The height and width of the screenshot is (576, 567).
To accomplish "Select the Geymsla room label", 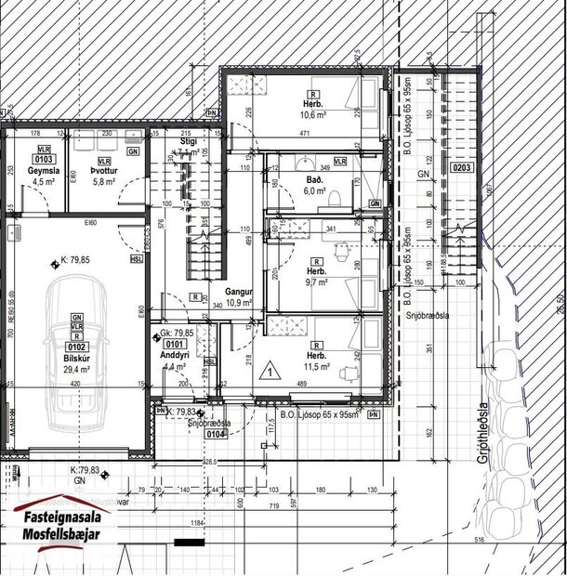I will pos(43,172).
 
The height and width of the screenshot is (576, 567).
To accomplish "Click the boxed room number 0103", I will pos(43,159).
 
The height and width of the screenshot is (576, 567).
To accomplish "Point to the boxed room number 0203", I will pos(462,168).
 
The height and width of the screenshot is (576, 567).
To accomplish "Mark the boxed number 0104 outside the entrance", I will pos(217,433).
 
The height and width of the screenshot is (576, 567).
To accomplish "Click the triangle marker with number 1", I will pos(270,373).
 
